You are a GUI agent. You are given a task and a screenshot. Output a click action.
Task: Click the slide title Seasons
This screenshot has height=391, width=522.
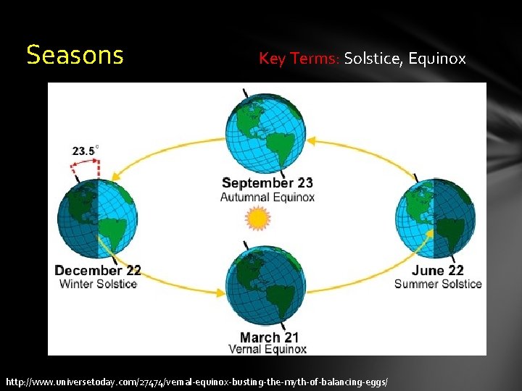pos(75,55)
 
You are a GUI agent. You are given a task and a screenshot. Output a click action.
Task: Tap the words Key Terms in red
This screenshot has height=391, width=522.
pos(299,59)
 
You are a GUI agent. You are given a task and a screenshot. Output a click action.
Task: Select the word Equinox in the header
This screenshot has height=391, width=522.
pos(436,59)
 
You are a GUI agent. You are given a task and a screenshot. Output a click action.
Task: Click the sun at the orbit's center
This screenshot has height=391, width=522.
pos(257,217)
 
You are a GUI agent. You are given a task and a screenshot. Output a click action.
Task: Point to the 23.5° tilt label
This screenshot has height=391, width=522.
pos(85,151)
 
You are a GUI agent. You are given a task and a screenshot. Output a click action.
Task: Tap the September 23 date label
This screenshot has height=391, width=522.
pos(268,182)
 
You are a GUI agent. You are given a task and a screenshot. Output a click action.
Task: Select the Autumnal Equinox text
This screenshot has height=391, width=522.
pos(268,197)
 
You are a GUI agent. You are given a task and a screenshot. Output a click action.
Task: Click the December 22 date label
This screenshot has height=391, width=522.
pos(98,271)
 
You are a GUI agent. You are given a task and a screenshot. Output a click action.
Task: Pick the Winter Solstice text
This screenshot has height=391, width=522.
pos(98,284)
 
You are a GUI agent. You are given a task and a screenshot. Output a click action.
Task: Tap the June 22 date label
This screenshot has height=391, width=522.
pos(437,271)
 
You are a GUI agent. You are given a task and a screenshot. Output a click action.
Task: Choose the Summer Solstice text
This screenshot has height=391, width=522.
pos(437,284)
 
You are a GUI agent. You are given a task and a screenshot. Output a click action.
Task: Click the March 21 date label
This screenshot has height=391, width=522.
pos(268,337)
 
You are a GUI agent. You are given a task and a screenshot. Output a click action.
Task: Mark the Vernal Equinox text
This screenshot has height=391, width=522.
pos(268,350)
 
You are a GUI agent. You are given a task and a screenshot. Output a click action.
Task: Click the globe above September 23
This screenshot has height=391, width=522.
pos(264,134)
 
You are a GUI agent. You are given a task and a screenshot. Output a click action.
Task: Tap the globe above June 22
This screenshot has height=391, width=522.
pos(435,216)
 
